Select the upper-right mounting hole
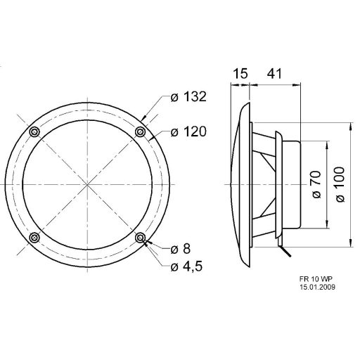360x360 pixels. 141,132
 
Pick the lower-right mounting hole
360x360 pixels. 141,239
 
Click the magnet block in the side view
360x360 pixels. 290,184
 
